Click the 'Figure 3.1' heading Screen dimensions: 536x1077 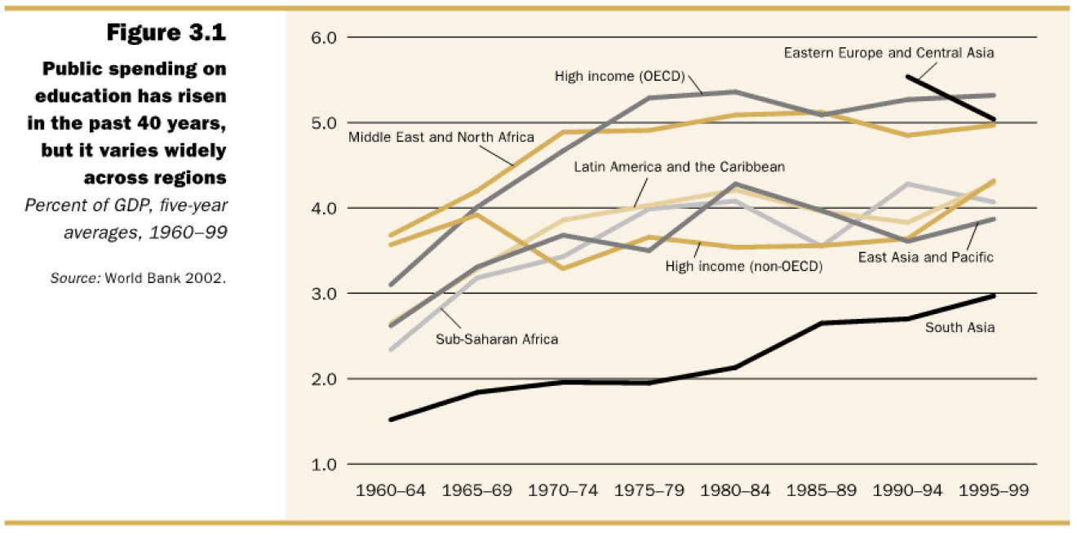coord(166,33)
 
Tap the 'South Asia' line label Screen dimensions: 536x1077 coord(960,328)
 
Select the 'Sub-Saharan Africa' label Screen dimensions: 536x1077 coord(497,338)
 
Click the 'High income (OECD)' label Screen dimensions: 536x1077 coord(619,76)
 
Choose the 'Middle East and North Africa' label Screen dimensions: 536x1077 coord(441,137)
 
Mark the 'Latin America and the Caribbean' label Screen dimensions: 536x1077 coord(679,166)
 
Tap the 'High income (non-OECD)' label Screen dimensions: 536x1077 coord(743,265)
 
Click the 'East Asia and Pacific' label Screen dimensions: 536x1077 coord(925,257)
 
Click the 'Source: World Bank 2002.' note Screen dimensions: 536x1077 coord(138,278)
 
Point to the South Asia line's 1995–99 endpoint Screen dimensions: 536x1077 coord(994,295)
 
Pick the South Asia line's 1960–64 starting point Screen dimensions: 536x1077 coord(392,419)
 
